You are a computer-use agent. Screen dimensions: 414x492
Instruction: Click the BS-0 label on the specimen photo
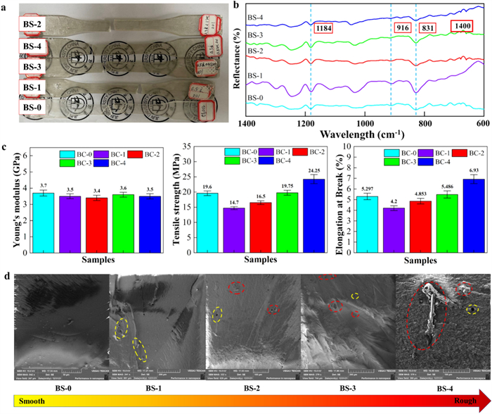coord(20,107)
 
